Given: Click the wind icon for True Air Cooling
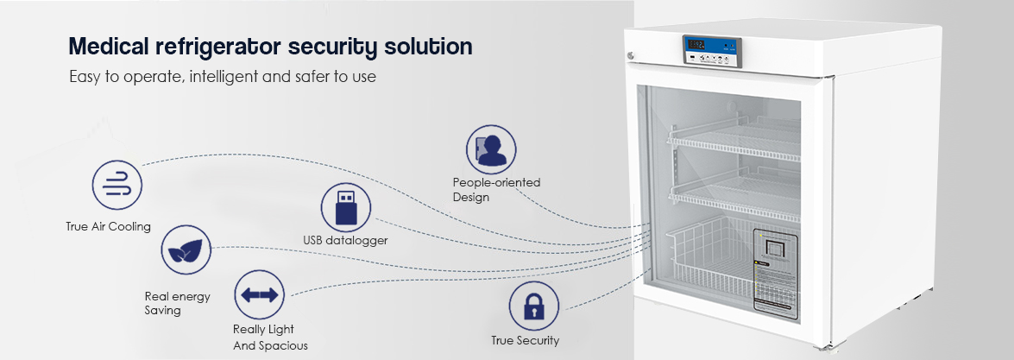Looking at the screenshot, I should (x=117, y=185).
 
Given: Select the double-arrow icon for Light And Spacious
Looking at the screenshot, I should (x=260, y=295).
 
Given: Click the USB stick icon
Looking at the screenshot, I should (x=346, y=207).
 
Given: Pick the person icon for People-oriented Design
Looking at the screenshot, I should (x=491, y=148).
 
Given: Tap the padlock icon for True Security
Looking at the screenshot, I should (x=533, y=306).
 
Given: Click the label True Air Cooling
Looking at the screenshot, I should (x=108, y=227).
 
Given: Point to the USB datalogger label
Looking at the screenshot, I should (x=345, y=240).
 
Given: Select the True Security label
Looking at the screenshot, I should (x=525, y=340).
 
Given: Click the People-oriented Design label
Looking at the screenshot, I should (x=496, y=189).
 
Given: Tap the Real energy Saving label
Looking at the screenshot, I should (x=177, y=303).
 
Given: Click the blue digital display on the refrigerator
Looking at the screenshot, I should (x=696, y=44).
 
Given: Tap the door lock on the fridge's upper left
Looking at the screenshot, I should (x=632, y=57).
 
